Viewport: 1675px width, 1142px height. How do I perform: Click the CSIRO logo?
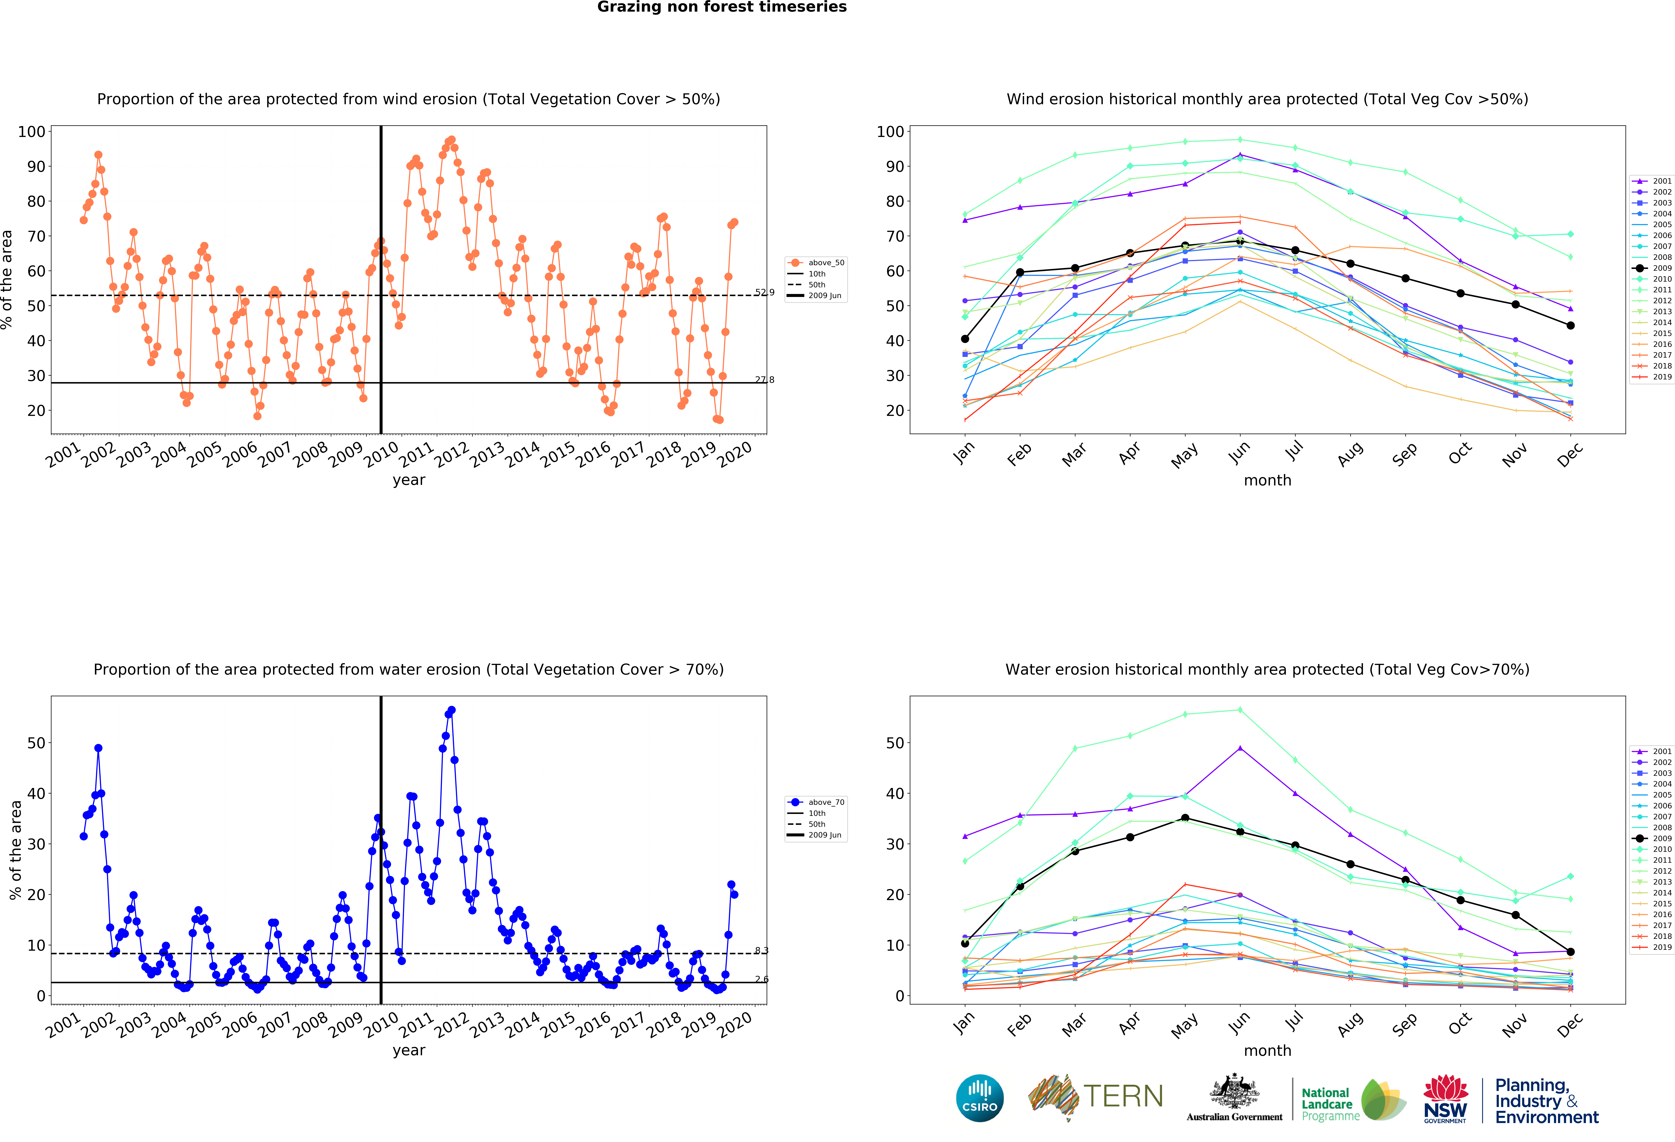tap(979, 1098)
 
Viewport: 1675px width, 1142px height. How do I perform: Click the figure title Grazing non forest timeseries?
tap(721, 7)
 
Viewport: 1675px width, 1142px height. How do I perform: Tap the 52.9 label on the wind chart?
tap(765, 292)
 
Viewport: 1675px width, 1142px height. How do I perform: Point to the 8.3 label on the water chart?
tap(762, 950)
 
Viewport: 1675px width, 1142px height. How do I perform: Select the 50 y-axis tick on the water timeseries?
tap(36, 743)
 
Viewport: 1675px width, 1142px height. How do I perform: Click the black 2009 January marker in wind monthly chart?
tap(965, 339)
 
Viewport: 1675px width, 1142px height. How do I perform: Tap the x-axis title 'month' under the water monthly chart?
tap(1267, 1050)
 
